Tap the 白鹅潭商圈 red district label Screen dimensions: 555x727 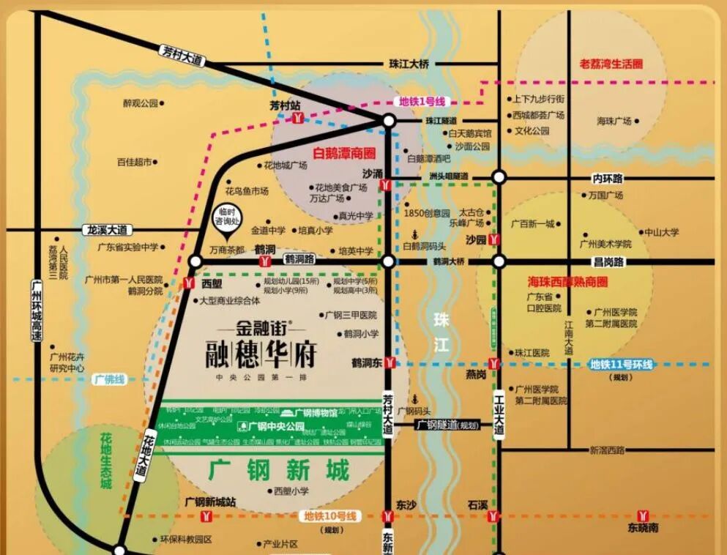pos(343,154)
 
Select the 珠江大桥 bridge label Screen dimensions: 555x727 pos(409,64)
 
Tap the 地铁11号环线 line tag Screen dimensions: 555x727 pos(622,364)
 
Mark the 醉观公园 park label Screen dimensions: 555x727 pos(141,103)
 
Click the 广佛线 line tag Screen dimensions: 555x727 pos(109,380)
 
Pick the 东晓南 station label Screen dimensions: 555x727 pos(643,528)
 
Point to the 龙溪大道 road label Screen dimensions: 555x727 pos(106,229)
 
